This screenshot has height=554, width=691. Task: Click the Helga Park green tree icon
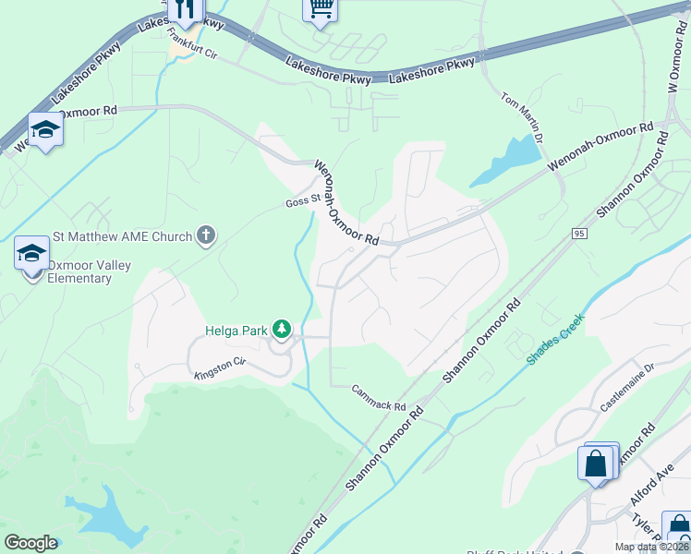point(283,330)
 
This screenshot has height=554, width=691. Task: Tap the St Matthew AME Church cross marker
point(205,237)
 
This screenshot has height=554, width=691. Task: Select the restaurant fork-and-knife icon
point(185,11)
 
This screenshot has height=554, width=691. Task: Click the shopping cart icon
point(320,9)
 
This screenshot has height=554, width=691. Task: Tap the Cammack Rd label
point(379,400)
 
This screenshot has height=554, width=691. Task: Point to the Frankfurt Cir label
point(191,44)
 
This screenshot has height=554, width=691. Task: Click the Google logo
point(30,543)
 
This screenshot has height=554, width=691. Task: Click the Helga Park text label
point(236,331)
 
